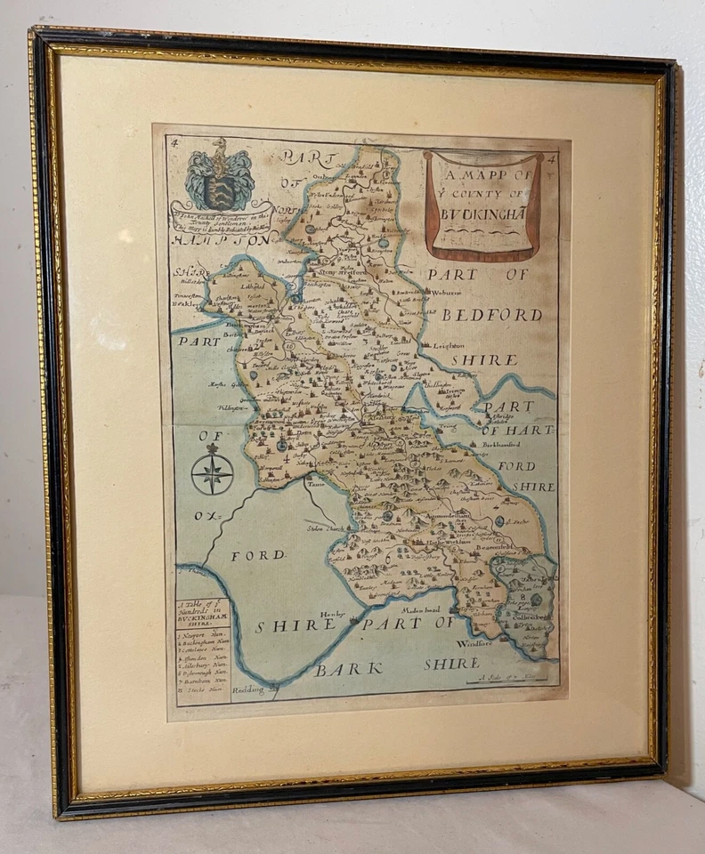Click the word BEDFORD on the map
491,315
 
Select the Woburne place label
447,291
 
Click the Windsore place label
473,642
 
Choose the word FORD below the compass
258,554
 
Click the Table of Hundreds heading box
202,614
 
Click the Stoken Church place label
326,528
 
